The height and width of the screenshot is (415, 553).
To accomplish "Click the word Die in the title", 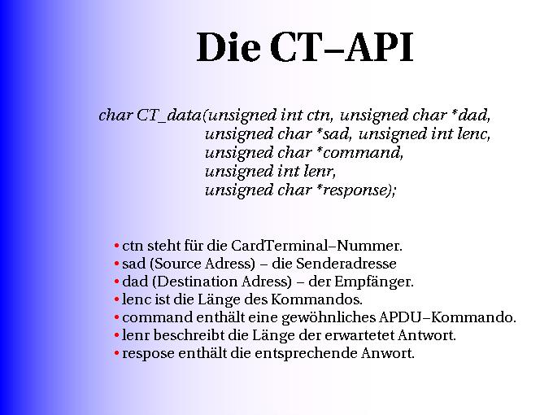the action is (x=229, y=47).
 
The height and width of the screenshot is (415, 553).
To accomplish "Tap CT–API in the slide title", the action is (x=342, y=47).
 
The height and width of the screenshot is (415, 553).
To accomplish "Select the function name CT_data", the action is (x=168, y=116).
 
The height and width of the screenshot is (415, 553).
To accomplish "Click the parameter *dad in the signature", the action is (x=471, y=115).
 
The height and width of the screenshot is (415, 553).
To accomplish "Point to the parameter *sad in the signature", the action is (x=333, y=134).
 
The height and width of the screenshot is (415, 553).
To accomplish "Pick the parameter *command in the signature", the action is (x=359, y=153).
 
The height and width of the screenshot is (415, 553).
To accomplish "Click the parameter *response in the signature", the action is (x=356, y=190).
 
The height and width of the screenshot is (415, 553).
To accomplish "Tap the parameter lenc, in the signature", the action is (x=473, y=134).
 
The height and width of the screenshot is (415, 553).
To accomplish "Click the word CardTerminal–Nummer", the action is (x=316, y=246).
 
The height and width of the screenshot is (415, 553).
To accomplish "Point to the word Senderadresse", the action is (x=346, y=264).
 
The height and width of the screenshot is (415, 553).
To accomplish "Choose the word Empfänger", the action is (x=374, y=282).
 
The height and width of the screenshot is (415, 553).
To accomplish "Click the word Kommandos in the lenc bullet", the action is (x=316, y=299).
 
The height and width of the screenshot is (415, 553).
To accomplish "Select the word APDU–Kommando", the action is (x=447, y=317).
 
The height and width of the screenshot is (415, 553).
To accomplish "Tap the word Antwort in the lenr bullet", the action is (x=427, y=335).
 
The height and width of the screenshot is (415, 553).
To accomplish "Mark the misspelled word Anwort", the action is (x=388, y=353).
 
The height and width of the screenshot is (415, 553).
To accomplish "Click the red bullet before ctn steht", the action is (x=117, y=246).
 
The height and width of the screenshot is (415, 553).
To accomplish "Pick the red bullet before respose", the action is (x=117, y=354).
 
